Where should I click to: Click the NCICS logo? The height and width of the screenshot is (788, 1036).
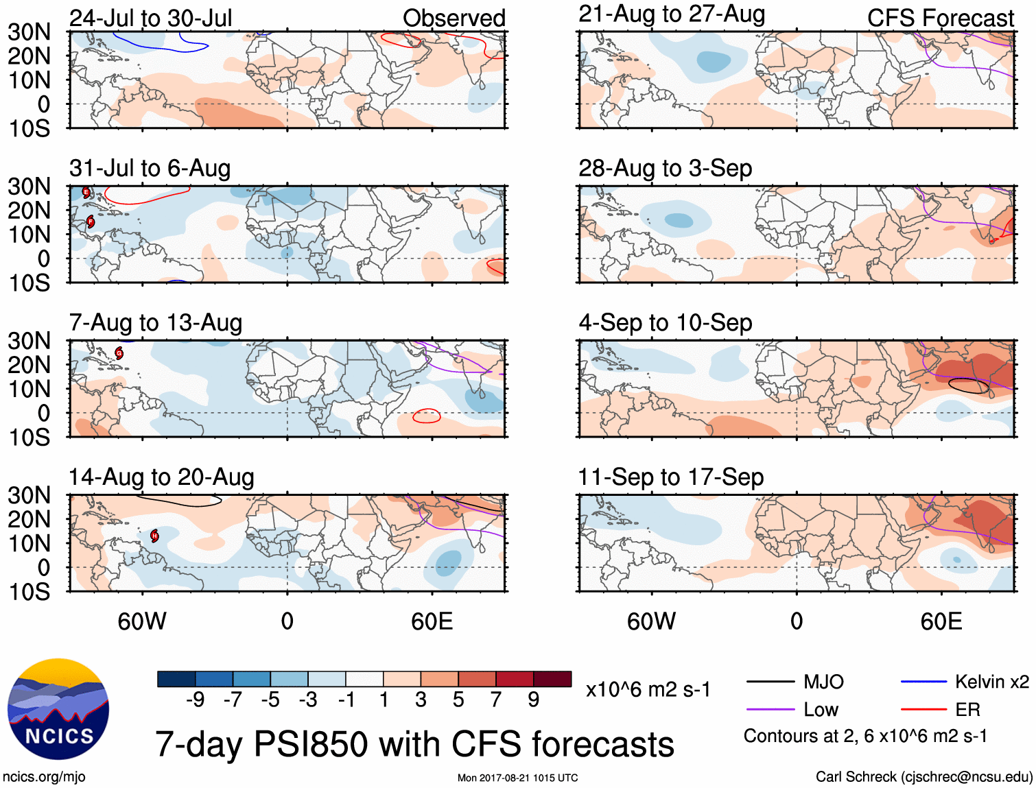coord(58,709)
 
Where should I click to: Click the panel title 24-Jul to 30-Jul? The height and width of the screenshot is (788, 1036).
coord(150,18)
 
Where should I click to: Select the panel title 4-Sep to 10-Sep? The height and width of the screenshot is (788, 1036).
coord(665,322)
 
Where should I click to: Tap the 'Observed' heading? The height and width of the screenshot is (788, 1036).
coord(454,18)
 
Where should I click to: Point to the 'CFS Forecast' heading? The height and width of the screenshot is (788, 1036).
coord(940,18)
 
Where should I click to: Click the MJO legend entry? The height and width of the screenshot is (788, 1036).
coord(823,682)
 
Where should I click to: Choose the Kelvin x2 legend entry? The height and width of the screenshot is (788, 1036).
coord(991,682)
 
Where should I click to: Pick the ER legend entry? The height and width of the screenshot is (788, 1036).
coord(967,709)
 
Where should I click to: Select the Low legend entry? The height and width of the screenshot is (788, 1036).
coord(821,709)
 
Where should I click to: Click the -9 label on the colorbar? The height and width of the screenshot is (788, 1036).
coord(195,700)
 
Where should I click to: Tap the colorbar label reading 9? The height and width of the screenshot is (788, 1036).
coord(534,700)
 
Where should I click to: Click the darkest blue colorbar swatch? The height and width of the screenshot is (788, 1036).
coord(176,679)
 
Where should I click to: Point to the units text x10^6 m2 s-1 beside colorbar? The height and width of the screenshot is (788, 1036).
coord(648,689)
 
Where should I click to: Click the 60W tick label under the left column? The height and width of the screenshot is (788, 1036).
coord(142,621)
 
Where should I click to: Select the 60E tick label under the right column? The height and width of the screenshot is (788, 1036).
coord(941,621)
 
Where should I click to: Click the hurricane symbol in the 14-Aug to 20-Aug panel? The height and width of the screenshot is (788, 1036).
coord(154,536)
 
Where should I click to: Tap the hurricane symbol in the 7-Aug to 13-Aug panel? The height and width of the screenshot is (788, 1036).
coord(119,354)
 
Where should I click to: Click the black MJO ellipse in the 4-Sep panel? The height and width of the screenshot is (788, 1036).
coord(969,386)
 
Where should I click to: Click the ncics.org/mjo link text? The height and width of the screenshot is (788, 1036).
coord(44,776)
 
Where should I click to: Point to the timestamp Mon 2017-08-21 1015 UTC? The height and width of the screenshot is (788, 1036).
coord(517,778)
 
